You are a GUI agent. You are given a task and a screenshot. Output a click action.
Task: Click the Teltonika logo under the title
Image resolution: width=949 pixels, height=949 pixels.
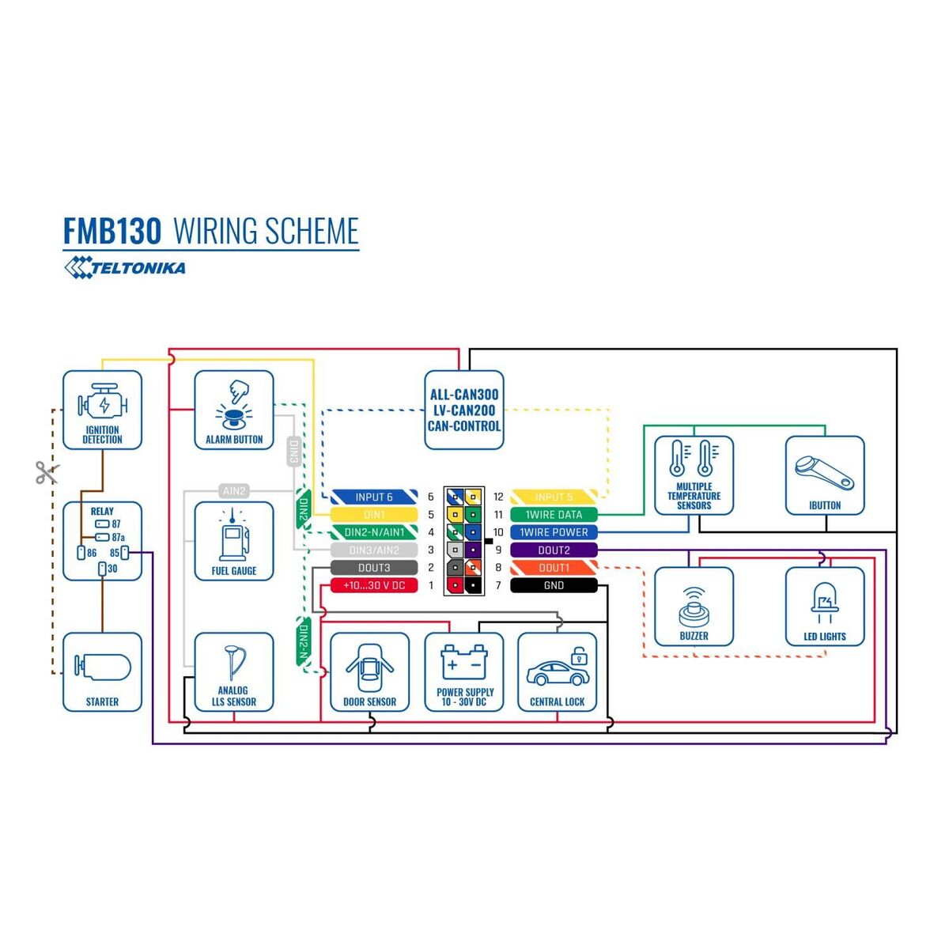pos(125,268)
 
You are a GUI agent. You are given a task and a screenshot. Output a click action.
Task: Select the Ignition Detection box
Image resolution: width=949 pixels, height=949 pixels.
pos(103,410)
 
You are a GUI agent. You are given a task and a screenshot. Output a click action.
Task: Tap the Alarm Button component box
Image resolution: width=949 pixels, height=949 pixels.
pos(234,410)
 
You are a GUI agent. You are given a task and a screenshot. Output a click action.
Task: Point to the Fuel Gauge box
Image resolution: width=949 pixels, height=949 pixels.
pos(234,542)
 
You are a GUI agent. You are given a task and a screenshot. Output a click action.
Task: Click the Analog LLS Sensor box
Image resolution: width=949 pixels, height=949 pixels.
pos(234,672)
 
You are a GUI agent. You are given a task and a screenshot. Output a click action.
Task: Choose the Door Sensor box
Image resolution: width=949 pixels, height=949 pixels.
pos(369,672)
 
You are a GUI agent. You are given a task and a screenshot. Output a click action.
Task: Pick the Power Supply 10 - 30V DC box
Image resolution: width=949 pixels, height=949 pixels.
pos(464,672)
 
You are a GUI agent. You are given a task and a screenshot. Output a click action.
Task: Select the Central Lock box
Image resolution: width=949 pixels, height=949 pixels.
pos(557,672)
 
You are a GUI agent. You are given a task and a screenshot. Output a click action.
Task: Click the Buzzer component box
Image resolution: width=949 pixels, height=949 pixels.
pos(694,607)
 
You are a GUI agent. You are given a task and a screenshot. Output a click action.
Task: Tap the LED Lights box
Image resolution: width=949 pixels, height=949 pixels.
pos(825,607)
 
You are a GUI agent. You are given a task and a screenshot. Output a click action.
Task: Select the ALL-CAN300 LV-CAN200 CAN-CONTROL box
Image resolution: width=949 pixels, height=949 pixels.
pos(464,410)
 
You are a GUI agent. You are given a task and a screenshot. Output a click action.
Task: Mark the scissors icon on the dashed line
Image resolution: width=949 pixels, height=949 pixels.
pos(47,473)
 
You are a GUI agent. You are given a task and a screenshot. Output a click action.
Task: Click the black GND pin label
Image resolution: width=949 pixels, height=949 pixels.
pos(554,585)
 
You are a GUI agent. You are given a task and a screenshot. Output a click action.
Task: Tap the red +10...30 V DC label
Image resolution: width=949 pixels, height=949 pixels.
pos(374,585)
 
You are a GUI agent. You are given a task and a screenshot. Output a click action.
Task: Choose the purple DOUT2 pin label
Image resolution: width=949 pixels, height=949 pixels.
pos(554,550)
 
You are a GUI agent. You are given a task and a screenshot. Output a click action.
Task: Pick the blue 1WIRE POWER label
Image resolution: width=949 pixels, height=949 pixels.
pos(554,532)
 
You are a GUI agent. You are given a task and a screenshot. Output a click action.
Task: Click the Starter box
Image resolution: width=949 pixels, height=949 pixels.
pos(103,672)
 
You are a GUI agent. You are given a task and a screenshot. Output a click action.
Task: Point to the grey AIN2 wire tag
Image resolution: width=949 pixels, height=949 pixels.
pos(234,491)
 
